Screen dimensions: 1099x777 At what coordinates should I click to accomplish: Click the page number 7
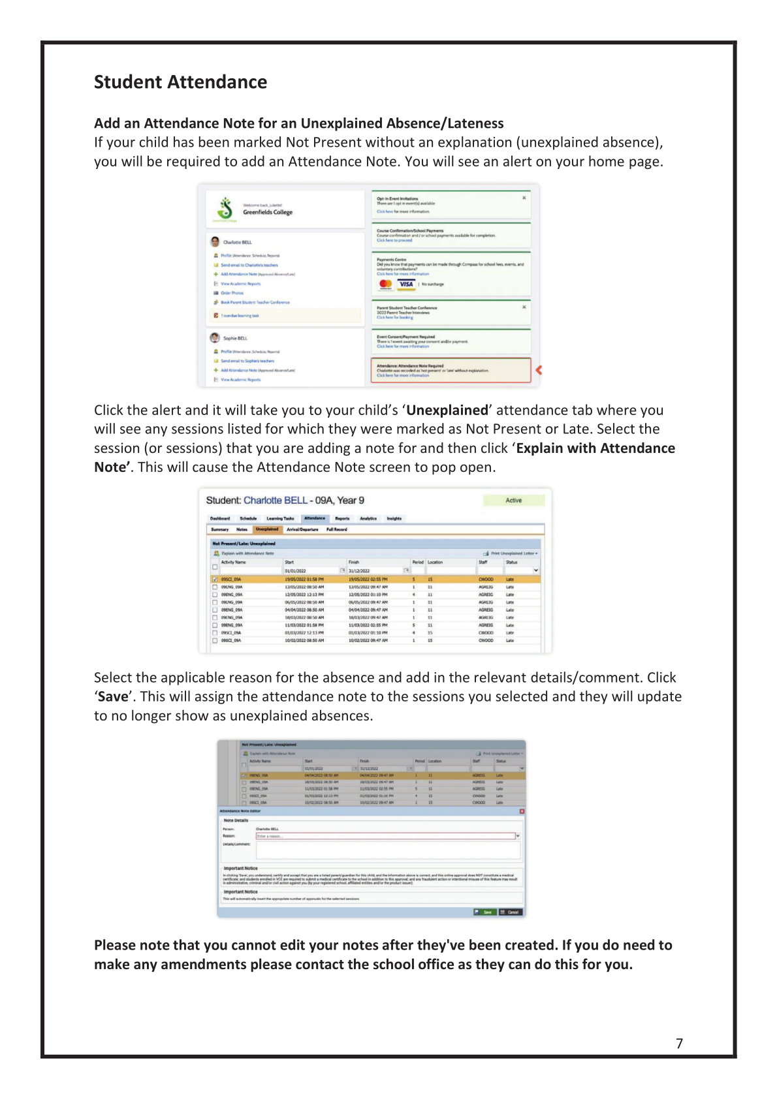pyautogui.click(x=679, y=1044)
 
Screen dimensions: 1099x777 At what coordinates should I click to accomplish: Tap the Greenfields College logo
pyautogui.click(x=225, y=209)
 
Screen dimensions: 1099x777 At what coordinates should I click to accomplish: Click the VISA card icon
pyautogui.click(x=406, y=284)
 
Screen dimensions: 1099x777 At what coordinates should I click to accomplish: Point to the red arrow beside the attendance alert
pyautogui.click(x=539, y=370)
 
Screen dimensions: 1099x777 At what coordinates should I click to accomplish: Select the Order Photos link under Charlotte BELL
pyautogui.click(x=232, y=293)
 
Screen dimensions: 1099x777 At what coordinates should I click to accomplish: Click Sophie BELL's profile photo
pyautogui.click(x=215, y=337)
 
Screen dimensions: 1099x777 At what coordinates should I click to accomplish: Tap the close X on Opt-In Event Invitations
pyautogui.click(x=524, y=198)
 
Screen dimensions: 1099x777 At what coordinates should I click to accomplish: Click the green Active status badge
pyautogui.click(x=513, y=501)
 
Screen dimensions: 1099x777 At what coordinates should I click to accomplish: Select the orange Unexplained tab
pyautogui.click(x=266, y=529)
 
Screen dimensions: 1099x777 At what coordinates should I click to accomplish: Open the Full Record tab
pyautogui.click(x=336, y=529)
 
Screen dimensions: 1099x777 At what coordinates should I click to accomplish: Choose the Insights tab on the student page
pyautogui.click(x=394, y=518)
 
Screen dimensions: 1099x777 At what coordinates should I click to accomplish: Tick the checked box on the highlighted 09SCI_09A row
pyautogui.click(x=215, y=580)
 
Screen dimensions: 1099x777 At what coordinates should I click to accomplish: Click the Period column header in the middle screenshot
pyautogui.click(x=417, y=562)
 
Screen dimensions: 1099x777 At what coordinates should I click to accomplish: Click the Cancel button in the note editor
pyautogui.click(x=511, y=912)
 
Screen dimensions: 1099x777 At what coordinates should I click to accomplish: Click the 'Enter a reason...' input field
pyautogui.click(x=385, y=836)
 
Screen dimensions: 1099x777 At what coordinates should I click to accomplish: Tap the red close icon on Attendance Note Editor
pyautogui.click(x=521, y=811)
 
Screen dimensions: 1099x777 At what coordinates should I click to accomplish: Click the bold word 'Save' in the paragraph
pyautogui.click(x=113, y=697)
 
